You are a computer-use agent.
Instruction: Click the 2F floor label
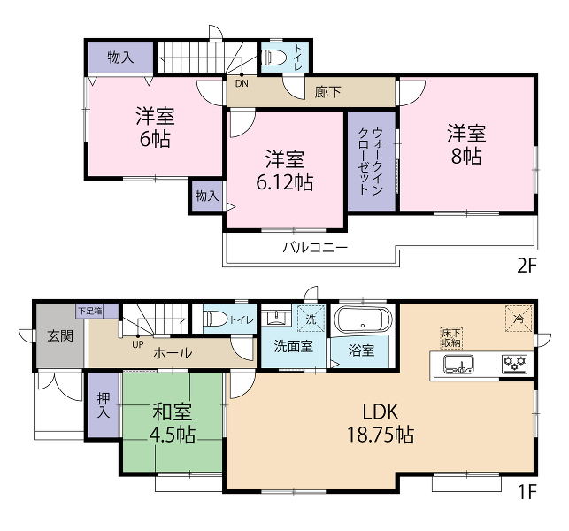click(x=527, y=265)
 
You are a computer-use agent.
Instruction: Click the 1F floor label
click(x=527, y=492)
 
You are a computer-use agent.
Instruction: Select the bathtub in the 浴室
click(x=363, y=320)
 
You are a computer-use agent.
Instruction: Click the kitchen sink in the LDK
click(x=458, y=364)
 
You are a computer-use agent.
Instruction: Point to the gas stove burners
click(x=514, y=364)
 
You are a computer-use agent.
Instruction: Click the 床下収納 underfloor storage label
click(x=451, y=338)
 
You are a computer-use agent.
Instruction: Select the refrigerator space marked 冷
click(x=519, y=319)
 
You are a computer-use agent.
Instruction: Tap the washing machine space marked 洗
click(x=311, y=319)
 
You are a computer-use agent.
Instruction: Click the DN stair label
click(x=242, y=83)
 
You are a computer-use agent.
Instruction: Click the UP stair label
click(x=137, y=344)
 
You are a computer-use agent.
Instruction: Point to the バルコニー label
click(x=315, y=248)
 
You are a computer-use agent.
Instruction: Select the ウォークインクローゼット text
click(x=371, y=161)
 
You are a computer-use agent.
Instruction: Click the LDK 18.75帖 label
click(x=381, y=423)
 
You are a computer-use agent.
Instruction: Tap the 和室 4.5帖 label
click(x=172, y=423)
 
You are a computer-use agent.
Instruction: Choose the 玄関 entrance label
click(x=60, y=336)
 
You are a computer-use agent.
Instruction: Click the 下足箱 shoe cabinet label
click(x=91, y=311)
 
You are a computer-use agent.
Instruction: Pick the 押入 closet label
click(x=104, y=405)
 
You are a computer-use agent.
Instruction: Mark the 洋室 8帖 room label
click(x=466, y=144)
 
